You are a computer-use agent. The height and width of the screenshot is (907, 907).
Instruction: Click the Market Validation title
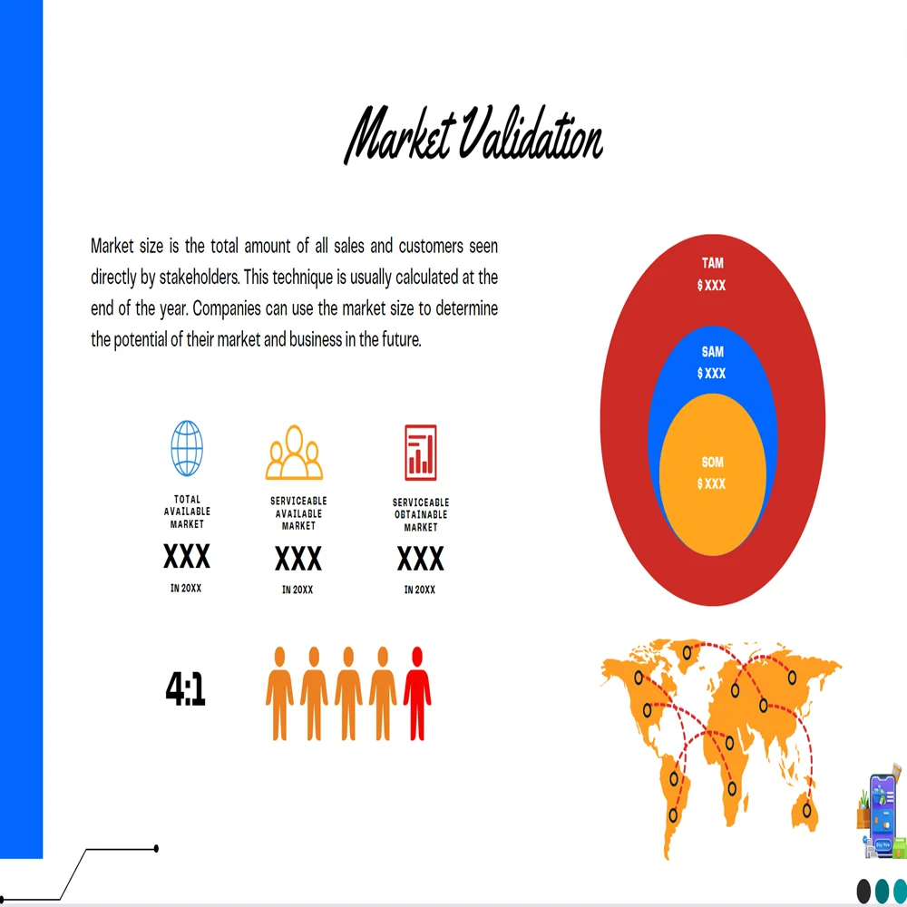coord(474,136)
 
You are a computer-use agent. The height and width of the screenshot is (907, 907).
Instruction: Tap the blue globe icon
coord(187,448)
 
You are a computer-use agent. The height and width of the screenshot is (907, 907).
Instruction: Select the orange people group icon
coord(294,453)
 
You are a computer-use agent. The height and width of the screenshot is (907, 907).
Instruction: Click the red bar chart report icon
coord(420,453)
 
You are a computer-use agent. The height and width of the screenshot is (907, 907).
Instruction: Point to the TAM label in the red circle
coord(712,264)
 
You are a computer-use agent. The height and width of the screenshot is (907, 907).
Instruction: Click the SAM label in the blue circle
coord(712,352)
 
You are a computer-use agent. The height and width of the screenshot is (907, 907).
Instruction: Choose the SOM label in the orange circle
coord(712,463)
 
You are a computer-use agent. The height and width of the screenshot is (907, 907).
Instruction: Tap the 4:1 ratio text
coord(186,689)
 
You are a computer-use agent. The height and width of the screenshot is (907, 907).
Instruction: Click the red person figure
coord(417,693)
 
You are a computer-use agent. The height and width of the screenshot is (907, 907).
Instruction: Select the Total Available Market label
coord(187,512)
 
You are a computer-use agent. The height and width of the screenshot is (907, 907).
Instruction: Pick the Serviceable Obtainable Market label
coord(420,514)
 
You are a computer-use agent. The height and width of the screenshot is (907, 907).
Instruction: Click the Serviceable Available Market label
coord(298,513)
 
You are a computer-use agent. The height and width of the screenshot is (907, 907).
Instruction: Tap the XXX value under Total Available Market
coord(187,556)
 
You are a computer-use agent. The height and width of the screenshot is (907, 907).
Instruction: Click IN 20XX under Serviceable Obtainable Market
coord(420,590)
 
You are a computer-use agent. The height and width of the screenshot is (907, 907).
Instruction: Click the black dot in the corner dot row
coord(863,891)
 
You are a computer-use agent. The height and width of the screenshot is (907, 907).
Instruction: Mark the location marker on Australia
coord(805,807)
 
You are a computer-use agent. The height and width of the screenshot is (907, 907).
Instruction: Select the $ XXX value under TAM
coord(712,286)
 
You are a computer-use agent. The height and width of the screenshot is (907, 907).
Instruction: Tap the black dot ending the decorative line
coord(156,849)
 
